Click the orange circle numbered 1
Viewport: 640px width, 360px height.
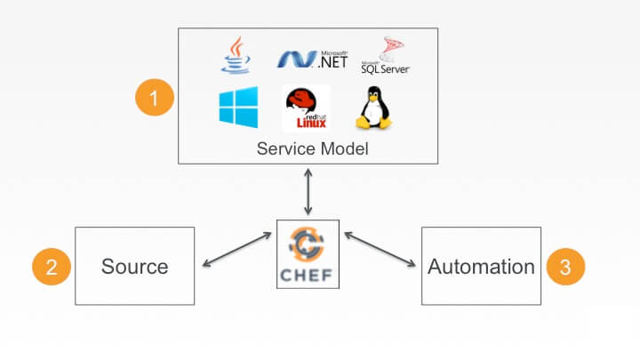point(153,99)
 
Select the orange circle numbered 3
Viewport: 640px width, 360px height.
point(564,266)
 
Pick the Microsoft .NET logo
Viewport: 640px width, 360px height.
point(305,59)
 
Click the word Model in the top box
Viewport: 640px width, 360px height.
point(344,148)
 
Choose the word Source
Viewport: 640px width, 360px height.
point(134,267)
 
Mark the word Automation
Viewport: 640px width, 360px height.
point(481,267)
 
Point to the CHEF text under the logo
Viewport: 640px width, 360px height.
point(308,274)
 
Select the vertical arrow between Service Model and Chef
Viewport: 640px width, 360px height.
point(308,193)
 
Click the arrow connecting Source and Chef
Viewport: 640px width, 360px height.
point(236,250)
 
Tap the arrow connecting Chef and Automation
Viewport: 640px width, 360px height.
point(380,250)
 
